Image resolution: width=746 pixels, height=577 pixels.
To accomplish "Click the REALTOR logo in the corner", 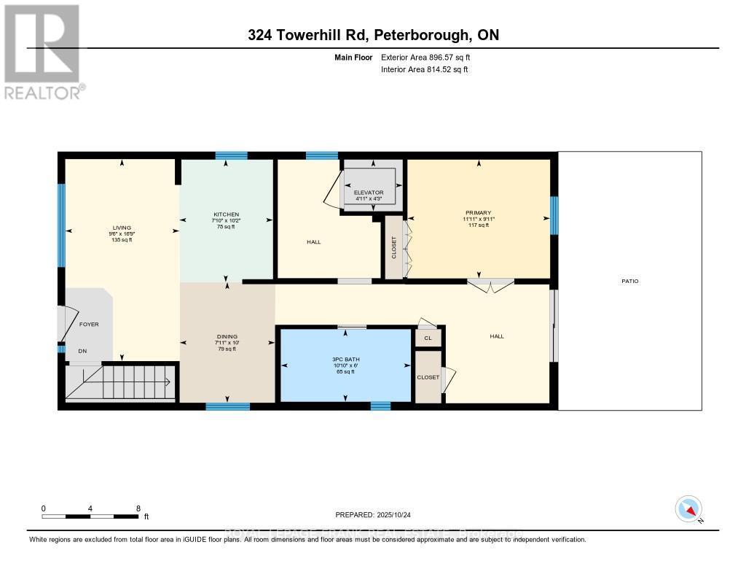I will [42, 51].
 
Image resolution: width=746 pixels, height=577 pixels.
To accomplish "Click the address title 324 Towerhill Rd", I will [373, 35].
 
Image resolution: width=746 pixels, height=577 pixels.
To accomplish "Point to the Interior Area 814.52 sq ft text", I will [424, 70].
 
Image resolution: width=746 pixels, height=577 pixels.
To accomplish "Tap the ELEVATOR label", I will [369, 193].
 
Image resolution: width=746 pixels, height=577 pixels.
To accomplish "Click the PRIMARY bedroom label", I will [477, 213].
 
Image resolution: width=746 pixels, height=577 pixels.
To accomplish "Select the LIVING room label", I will [122, 228].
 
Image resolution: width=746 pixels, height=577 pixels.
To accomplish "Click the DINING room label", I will [227, 336].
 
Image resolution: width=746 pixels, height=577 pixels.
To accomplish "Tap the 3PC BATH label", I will [346, 360].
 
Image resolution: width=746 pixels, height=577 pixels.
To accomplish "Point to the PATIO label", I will [630, 281].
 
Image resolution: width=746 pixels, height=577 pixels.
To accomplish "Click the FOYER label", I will [89, 324].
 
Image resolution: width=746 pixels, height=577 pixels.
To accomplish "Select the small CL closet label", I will [428, 338].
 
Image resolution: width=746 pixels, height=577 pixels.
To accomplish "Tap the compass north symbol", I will [688, 508].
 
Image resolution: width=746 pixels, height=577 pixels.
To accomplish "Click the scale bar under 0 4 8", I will [90, 516].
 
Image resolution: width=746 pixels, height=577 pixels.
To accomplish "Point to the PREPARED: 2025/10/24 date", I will [372, 514].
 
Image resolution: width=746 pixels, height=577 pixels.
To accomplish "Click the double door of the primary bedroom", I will [490, 285].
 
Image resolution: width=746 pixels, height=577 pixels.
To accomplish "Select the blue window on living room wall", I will [61, 225].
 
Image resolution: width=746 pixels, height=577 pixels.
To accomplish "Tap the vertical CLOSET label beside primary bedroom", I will [394, 248].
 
